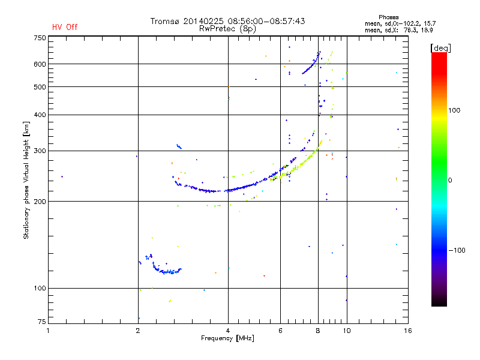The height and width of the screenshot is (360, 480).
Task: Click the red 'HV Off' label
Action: tap(65, 27)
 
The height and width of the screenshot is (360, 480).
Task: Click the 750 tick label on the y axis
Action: tap(40, 38)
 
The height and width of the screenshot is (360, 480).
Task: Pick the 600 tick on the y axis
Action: tap(40, 64)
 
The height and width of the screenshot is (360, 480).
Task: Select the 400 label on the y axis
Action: tap(40, 115)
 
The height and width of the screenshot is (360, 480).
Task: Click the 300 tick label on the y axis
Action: tap(40, 151)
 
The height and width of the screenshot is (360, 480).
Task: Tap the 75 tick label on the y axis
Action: tap(41, 321)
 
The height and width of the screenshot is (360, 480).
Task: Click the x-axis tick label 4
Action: tap(228, 330)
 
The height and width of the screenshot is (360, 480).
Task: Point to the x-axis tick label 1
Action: tap(49, 330)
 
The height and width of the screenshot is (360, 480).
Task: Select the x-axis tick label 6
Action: tap(280, 330)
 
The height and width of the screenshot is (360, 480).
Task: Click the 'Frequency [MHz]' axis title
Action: tap(227, 338)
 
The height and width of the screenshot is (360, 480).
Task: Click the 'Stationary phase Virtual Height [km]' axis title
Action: tap(26, 180)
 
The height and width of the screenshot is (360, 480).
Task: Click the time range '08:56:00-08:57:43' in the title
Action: tap(263, 21)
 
